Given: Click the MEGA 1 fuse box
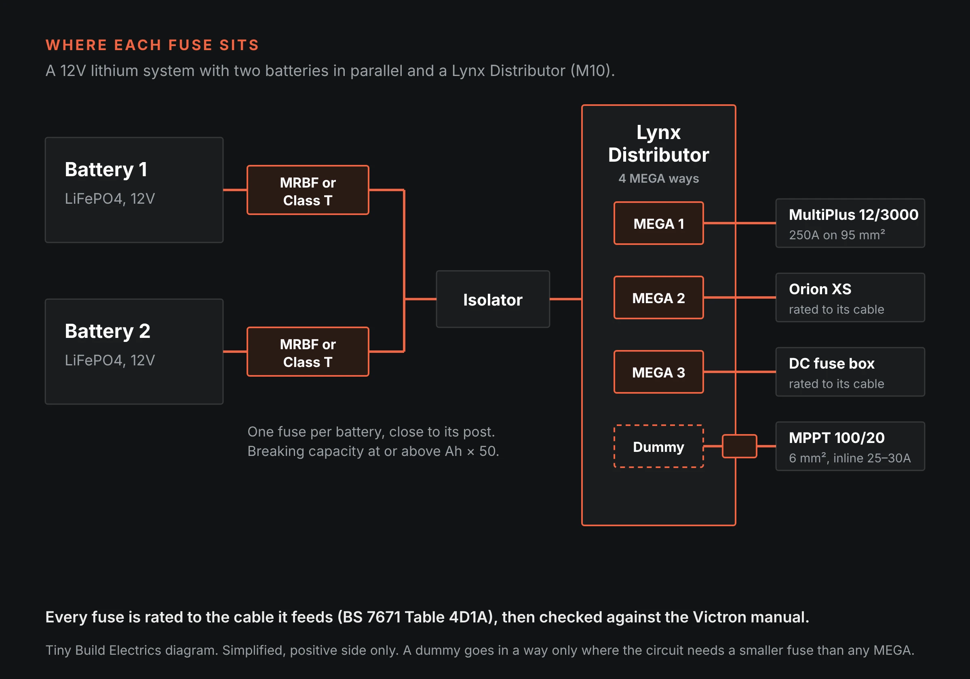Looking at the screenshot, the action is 658,223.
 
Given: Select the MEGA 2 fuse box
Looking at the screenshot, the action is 658,297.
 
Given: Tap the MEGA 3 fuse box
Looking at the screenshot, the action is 658,372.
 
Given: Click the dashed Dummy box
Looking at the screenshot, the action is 658,446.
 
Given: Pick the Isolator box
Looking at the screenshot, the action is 493,299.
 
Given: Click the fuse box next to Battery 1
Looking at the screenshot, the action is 308,190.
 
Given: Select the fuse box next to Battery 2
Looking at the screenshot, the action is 308,352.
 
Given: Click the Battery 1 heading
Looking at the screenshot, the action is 106,170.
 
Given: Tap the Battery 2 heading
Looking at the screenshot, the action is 108,331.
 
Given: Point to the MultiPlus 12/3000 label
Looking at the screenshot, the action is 853,215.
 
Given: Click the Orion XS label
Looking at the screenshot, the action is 820,289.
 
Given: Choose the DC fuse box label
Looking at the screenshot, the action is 831,363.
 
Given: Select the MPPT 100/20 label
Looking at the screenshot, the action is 837,438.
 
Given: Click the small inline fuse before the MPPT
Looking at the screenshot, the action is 739,446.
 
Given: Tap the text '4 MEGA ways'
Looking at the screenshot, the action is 658,178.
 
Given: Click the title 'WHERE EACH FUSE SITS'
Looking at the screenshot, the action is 152,45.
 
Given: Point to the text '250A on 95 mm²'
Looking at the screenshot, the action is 837,235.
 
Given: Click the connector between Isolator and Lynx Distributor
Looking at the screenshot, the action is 566,299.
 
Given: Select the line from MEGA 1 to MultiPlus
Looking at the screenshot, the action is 740,223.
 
